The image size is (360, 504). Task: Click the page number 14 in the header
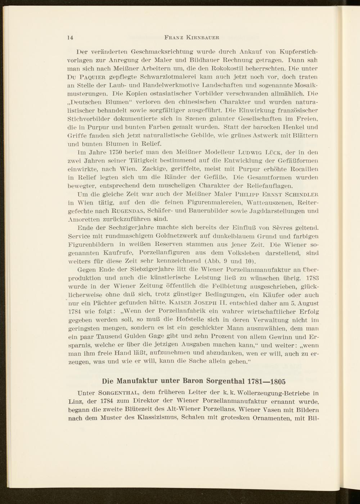tap(70, 37)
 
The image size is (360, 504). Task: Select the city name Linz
tap(75, 402)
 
